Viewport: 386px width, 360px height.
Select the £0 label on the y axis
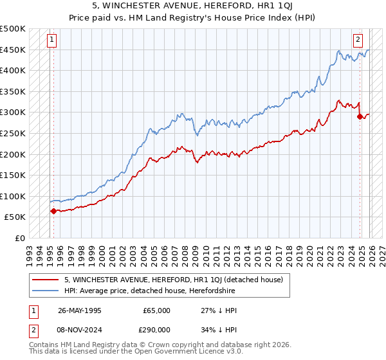[19, 238]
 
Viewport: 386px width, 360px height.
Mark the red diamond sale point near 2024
[359, 116]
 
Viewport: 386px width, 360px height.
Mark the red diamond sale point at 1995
[53, 210]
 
